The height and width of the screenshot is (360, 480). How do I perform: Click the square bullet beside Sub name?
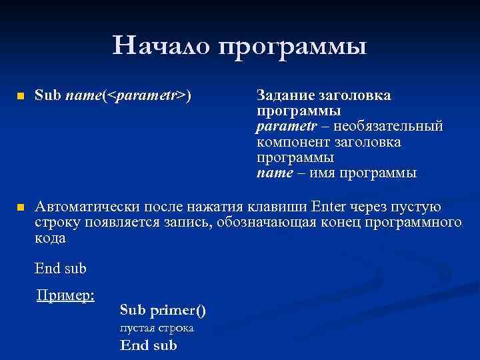click(20, 96)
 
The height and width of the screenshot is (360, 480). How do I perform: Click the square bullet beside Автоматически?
click(20, 207)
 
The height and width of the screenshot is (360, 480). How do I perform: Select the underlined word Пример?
click(65, 294)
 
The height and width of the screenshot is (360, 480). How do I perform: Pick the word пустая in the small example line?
click(137, 328)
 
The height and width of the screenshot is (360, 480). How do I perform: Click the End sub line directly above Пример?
click(61, 269)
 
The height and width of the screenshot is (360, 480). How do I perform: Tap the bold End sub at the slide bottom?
click(148, 345)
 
